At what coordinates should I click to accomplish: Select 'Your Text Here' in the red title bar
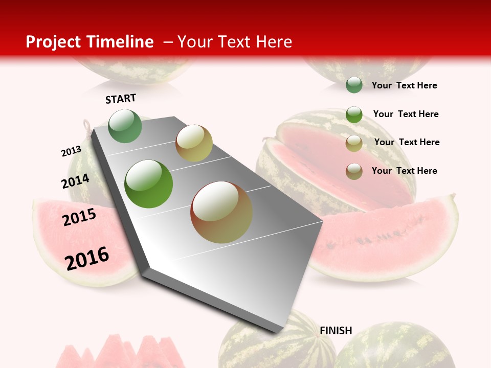[235, 42]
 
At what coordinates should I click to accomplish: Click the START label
[121, 99]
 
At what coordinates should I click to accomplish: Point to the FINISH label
[336, 331]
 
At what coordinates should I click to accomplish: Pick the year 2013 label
[71, 151]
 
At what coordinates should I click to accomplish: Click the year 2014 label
[75, 181]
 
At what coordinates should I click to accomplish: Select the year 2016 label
[87, 258]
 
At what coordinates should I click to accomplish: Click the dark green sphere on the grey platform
[125, 126]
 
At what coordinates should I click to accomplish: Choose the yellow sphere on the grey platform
[194, 143]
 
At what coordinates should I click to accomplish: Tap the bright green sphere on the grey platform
[149, 184]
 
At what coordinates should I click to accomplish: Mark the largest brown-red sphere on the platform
[221, 212]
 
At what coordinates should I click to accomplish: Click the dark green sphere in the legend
[354, 85]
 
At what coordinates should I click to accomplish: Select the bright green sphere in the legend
[354, 114]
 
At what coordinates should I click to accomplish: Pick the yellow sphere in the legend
[354, 143]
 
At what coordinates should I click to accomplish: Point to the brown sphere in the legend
[354, 171]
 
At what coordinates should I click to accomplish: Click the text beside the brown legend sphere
[404, 171]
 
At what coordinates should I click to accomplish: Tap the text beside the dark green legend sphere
[404, 85]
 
